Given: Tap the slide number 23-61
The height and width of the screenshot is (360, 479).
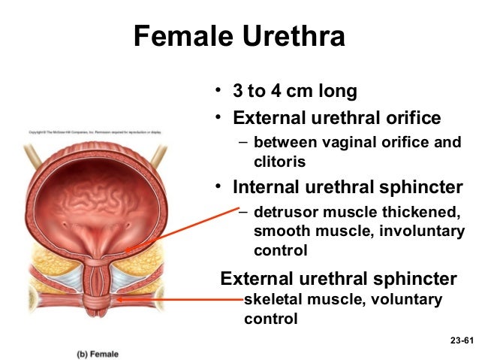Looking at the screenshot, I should [x=462, y=341].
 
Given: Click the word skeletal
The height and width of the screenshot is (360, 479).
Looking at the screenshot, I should [x=273, y=301].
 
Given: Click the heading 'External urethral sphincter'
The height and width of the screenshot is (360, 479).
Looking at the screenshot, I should [x=338, y=280].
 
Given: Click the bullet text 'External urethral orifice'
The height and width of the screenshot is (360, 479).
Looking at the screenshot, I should [x=337, y=119].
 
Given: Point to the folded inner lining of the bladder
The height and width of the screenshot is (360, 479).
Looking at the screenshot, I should [x=94, y=195].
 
